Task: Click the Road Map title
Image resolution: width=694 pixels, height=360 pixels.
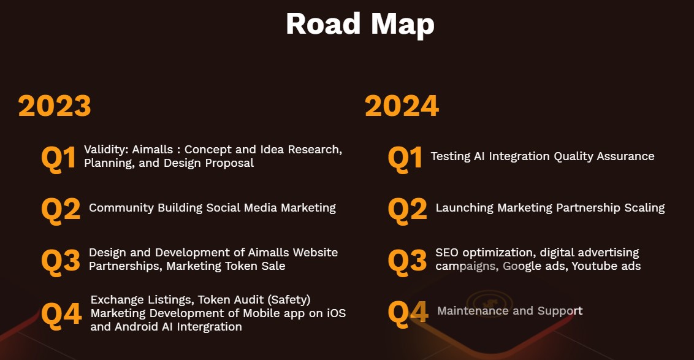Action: [360, 24]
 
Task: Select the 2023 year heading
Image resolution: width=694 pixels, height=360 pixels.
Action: [55, 106]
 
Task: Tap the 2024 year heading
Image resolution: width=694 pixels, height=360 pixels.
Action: [402, 106]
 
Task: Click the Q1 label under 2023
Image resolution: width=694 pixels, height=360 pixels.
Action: [58, 158]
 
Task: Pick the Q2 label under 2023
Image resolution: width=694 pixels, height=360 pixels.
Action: [61, 209]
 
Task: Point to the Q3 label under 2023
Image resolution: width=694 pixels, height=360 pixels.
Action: [61, 260]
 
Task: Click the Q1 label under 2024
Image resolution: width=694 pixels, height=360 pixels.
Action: [405, 158]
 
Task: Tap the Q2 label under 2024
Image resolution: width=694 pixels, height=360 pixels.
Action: [407, 209]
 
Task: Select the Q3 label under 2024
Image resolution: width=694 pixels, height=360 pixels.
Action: [407, 260]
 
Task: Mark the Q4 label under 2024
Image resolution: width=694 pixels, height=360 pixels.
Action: [408, 312]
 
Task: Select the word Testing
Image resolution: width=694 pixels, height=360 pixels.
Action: [450, 156]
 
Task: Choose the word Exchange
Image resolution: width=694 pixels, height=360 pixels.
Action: [115, 300]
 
